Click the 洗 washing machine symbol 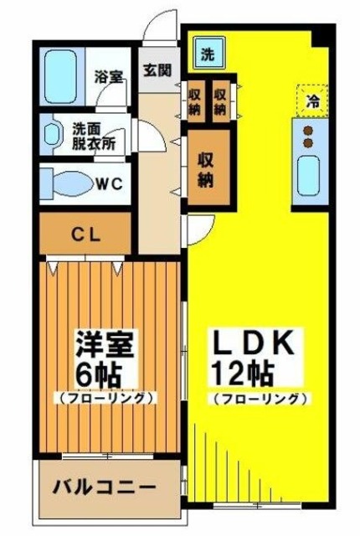pos(206,55)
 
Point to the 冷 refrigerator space pos(312,101)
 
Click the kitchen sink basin pos(311,174)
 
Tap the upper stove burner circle pos(306,130)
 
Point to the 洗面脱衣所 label pos(92,137)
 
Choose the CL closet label pos(85,234)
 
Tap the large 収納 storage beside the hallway pos(206,168)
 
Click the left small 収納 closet pos(195,100)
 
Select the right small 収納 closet pos(220,100)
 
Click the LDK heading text pos(252,343)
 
